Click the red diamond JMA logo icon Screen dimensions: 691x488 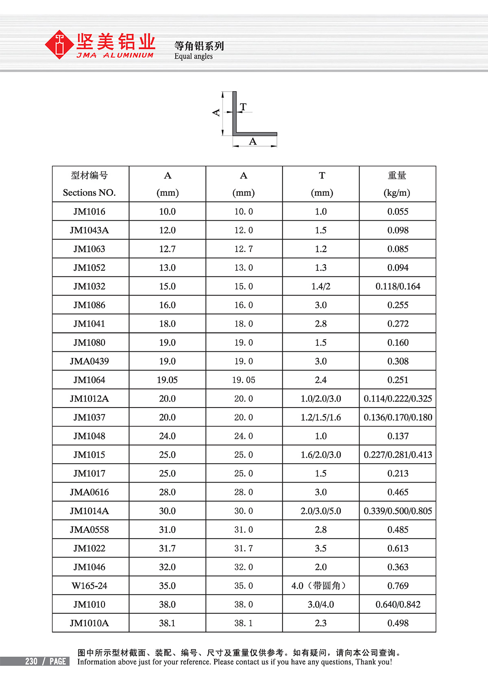pos(59,45)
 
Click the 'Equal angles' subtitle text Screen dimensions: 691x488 pos(193,57)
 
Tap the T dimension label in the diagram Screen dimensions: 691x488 pos(243,107)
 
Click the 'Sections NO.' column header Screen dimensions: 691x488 pos(89,193)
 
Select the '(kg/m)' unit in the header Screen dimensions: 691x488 pos(397,193)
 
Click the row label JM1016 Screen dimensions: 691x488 pos(89,212)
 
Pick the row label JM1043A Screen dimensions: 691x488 pos(89,230)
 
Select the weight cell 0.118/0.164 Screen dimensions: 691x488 pos(398,287)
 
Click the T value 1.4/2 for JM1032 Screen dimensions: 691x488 pos(321,287)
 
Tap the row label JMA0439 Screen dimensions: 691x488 pos(89,362)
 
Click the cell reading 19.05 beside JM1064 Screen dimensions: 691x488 pos(167,380)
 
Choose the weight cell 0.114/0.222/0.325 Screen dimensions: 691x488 pos(398,399)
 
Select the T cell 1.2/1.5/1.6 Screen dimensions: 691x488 pos(321,418)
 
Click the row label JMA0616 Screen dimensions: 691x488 pos(89,492)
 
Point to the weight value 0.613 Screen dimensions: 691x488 pos(398,548)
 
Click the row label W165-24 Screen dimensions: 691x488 pos(89,586)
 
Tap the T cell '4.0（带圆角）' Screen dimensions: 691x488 pos(321,586)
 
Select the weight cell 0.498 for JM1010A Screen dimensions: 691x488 pos(398,623)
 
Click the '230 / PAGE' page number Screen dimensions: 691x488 pos(46,661)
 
